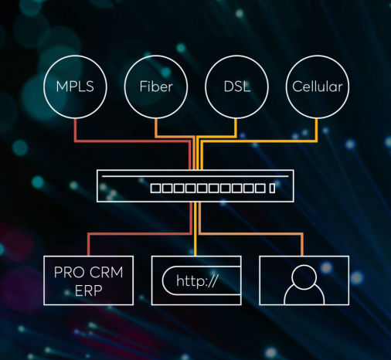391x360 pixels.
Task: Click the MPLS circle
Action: click(74, 85)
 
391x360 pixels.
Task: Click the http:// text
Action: click(197, 280)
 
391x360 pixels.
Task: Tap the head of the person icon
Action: click(303, 274)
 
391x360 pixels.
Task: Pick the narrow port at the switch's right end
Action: click(271, 188)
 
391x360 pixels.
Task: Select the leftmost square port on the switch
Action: click(155, 188)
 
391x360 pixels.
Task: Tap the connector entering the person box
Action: click(303, 245)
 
